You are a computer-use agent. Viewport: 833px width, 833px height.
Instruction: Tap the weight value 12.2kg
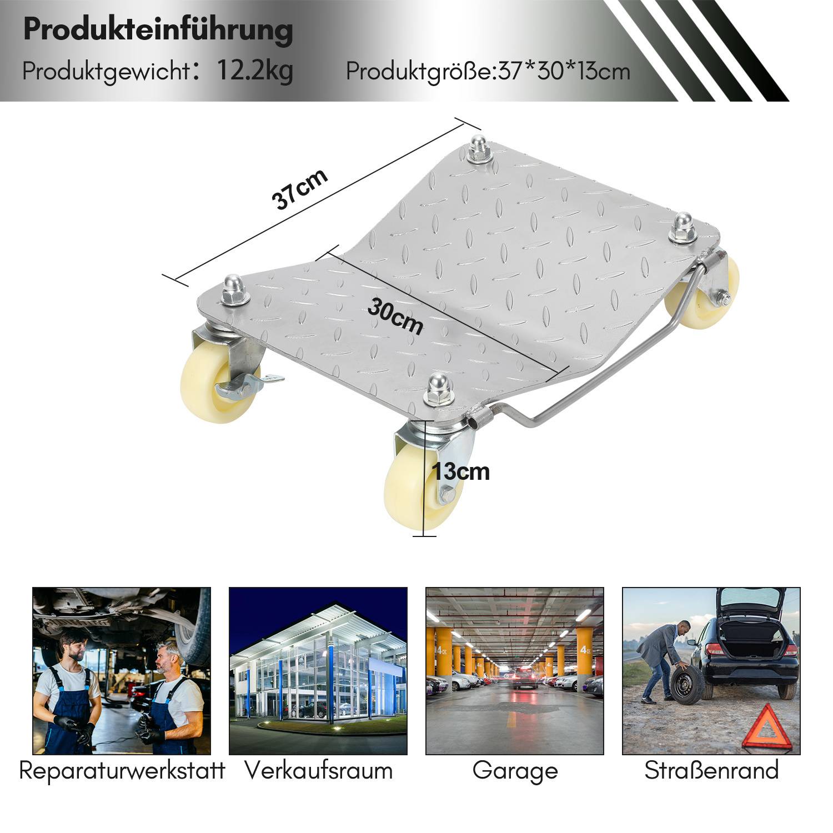click(x=254, y=71)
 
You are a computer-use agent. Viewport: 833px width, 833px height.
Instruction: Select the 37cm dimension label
click(x=299, y=189)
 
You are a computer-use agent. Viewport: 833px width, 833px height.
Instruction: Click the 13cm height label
click(x=461, y=472)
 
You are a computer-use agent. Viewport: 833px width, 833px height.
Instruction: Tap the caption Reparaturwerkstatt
click(x=122, y=771)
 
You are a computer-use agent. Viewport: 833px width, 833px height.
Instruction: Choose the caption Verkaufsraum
click(x=319, y=771)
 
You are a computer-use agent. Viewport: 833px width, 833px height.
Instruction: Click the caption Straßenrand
click(x=711, y=771)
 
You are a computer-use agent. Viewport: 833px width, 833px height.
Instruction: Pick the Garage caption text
click(x=515, y=771)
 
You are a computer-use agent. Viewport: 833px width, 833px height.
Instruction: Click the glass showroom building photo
click(x=318, y=671)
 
